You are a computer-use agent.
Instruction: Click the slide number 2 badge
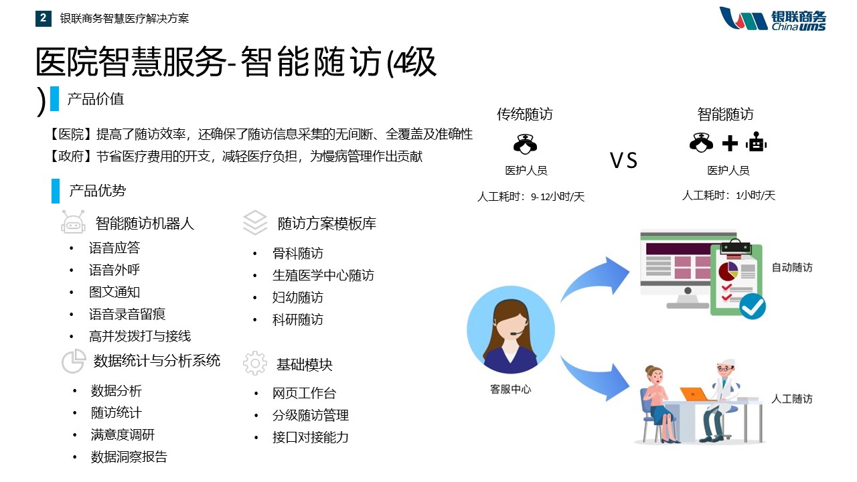coord(44,18)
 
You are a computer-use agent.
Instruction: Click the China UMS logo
coord(773,18)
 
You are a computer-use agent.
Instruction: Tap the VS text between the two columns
coord(623,160)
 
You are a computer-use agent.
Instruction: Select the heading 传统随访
coord(524,114)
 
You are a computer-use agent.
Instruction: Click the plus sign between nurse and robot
coord(730,143)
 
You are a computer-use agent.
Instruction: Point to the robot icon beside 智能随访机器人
coord(73,222)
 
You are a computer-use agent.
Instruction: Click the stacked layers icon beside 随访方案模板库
coord(255,222)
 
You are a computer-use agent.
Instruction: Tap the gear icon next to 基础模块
coord(255,364)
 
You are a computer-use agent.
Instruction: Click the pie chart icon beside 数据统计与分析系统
coord(74,361)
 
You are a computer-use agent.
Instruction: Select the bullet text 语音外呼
coord(114,270)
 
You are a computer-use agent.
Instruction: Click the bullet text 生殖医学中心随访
coord(323,275)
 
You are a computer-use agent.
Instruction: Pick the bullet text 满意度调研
coord(123,435)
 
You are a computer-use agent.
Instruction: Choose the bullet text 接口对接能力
coord(310,437)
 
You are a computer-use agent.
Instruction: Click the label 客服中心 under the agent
coord(510,390)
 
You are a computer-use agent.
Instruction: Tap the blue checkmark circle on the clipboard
coord(752,306)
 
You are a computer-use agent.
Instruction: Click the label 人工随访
coord(792,399)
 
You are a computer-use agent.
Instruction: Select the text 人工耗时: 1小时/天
coord(728,195)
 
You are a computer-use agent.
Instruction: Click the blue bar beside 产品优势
coord(56,191)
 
